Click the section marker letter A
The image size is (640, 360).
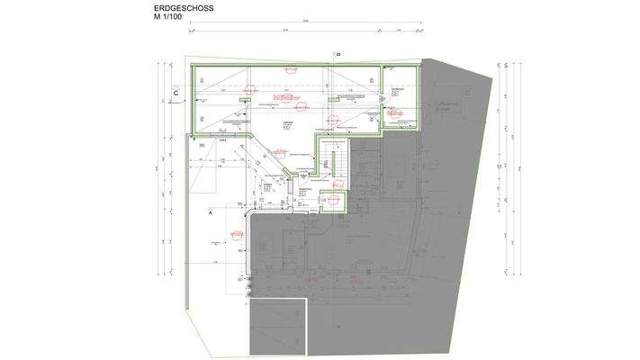pos(210,215)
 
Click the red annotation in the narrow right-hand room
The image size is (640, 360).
pos(393,112)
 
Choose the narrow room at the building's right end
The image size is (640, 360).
pos(400,103)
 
